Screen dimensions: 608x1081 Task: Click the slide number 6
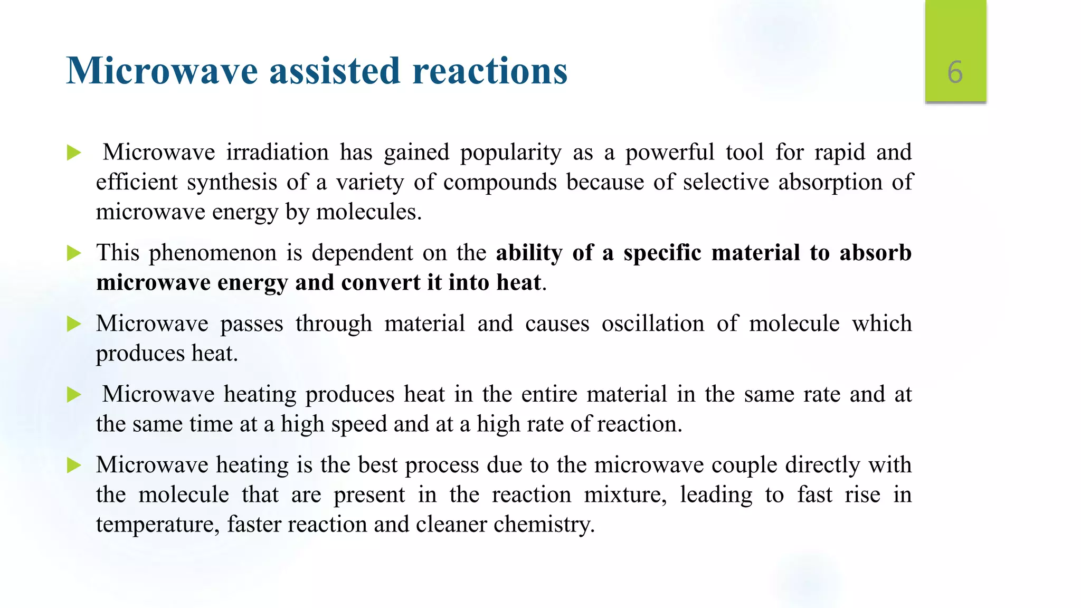coord(955,72)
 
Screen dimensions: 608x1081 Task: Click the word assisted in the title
coord(335,71)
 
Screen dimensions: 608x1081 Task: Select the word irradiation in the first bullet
coord(277,153)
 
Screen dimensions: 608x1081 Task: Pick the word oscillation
coord(652,324)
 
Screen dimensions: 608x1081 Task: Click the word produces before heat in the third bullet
coord(139,354)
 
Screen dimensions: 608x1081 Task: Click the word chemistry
coord(544,525)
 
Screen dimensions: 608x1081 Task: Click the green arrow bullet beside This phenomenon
coord(74,253)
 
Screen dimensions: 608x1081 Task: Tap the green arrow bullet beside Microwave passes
coord(74,324)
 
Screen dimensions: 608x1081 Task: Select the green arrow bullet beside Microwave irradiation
coord(74,153)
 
